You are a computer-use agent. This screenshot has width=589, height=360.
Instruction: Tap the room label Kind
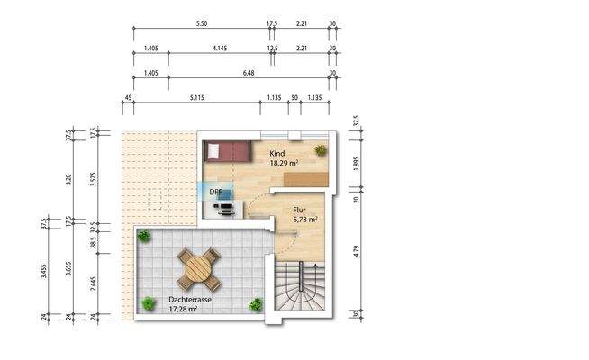pos(278,154)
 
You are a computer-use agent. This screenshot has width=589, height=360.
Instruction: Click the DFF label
pos(216,193)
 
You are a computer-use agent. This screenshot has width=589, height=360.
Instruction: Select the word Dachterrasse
pos(189,300)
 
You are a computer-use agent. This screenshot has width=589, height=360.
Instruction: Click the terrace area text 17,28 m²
pos(184,310)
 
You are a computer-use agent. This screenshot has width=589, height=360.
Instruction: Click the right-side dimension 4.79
pos(357,252)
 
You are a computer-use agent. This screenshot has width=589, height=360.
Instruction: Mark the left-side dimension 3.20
pos(69,178)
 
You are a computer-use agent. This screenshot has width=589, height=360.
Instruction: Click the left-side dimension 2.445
pos(95,286)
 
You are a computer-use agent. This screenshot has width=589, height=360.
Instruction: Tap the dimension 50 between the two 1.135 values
pos(294,98)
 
